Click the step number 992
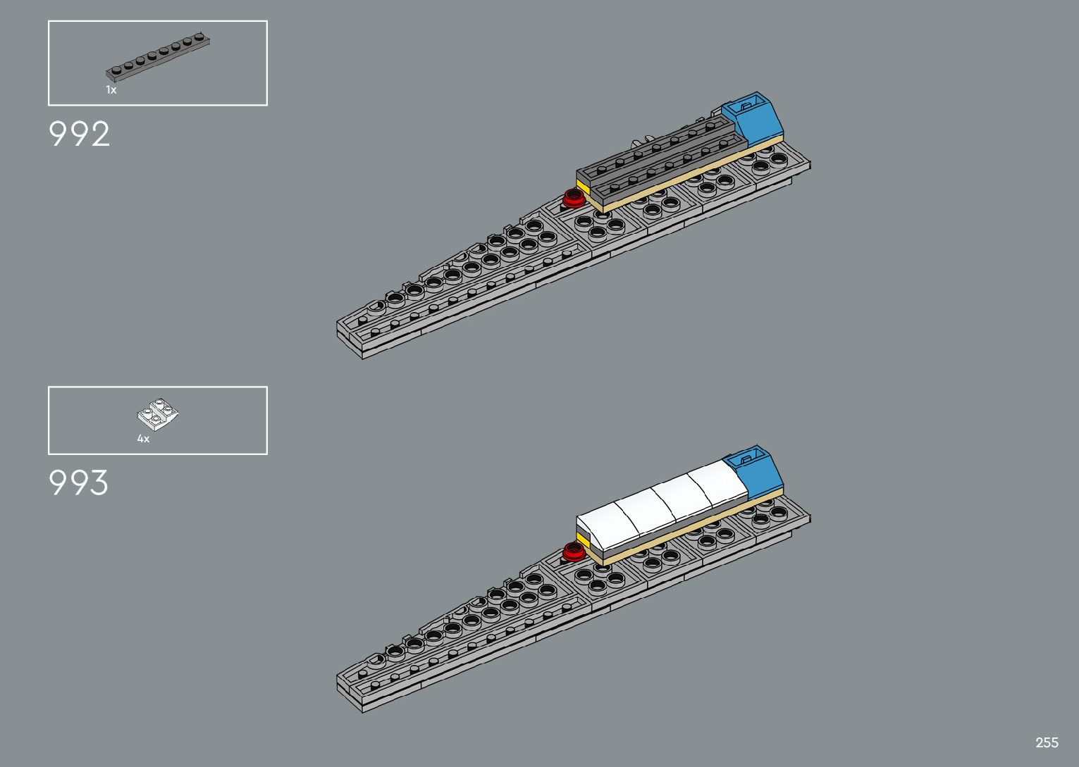(x=79, y=134)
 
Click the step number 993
(x=79, y=483)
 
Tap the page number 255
(x=1047, y=742)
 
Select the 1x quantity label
(x=111, y=90)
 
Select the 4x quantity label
(x=143, y=439)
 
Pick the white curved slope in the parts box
(x=158, y=414)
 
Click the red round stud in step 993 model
(x=573, y=550)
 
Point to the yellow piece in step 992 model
(x=582, y=187)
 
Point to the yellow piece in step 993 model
(x=582, y=540)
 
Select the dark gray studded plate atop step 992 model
(x=662, y=156)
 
